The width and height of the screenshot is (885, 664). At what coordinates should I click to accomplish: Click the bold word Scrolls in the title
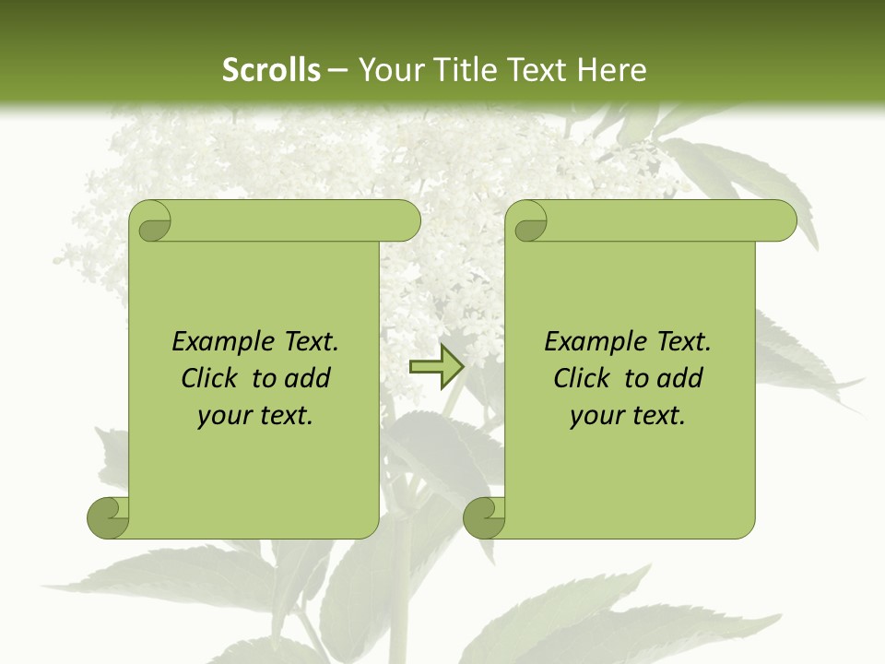pyautogui.click(x=272, y=70)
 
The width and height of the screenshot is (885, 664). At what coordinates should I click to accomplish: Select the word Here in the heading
pyautogui.click(x=615, y=70)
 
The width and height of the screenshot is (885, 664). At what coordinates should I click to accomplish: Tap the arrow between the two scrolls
pyautogui.click(x=436, y=366)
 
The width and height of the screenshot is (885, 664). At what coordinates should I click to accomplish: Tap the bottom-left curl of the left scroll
pyautogui.click(x=107, y=516)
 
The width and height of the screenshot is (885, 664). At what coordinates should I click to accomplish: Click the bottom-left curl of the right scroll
pyautogui.click(x=483, y=516)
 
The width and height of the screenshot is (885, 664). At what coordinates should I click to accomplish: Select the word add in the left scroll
pyautogui.click(x=309, y=378)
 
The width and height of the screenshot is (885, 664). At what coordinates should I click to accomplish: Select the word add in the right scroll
pyautogui.click(x=681, y=378)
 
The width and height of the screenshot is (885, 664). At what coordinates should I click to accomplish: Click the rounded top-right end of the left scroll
pyautogui.click(x=407, y=221)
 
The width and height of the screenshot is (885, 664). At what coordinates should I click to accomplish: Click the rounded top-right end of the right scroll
pyautogui.click(x=783, y=221)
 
